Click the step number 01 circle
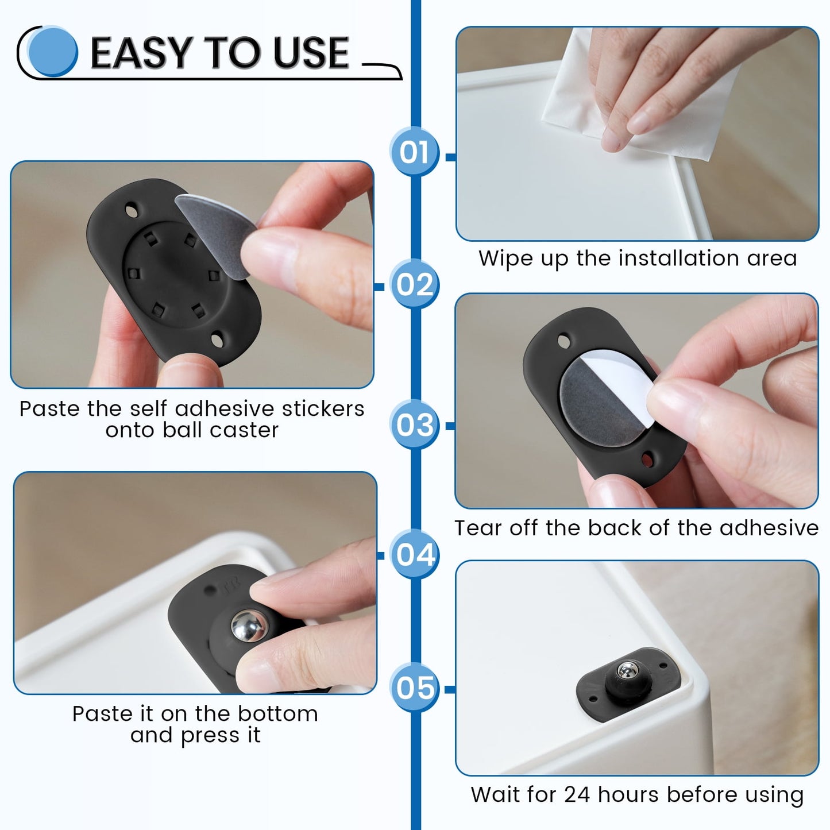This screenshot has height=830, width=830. click(414, 152)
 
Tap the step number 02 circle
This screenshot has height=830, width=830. click(414, 284)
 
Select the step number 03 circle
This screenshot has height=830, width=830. click(414, 425)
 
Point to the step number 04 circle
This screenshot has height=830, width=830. click(415, 554)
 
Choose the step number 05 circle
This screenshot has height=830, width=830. click(414, 688)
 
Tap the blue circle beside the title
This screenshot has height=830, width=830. click(53, 52)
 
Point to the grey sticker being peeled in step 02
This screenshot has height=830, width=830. click(215, 227)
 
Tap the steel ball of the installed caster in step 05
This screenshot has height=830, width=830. click(627, 671)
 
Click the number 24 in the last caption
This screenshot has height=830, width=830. click(577, 794)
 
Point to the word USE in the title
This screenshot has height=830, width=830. click(310, 53)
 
